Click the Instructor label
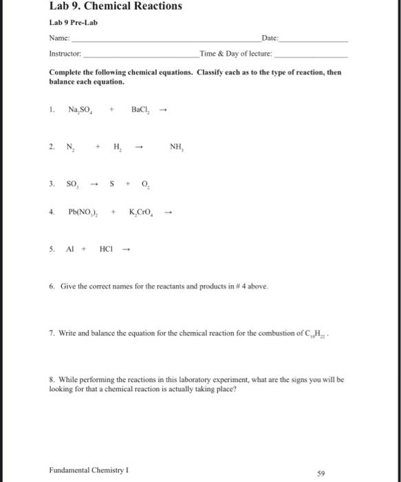65,53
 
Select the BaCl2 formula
141,109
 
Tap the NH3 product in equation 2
177,147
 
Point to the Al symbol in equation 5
71,251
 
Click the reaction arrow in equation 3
98,185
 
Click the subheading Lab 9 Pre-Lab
74,23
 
